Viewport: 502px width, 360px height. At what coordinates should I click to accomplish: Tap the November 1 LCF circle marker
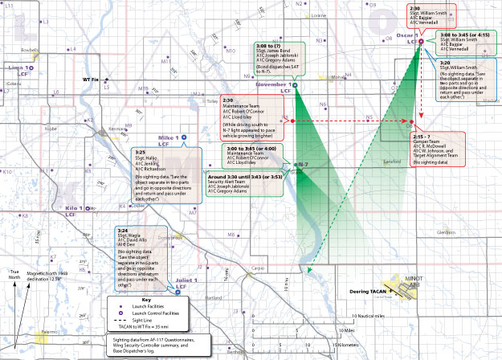click(x=294, y=85)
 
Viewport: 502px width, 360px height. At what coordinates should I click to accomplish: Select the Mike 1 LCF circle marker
click(x=184, y=137)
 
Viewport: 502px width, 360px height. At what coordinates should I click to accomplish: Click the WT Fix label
click(x=91, y=80)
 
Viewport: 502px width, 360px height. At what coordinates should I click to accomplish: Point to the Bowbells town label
click(x=31, y=51)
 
